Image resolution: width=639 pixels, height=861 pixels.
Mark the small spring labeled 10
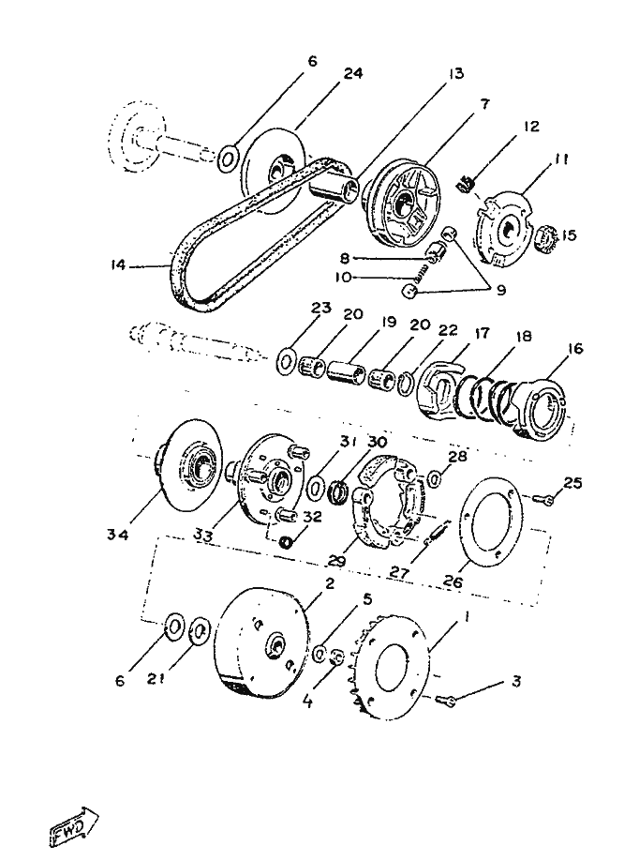[x=424, y=273]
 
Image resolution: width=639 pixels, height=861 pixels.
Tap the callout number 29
[x=338, y=563]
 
